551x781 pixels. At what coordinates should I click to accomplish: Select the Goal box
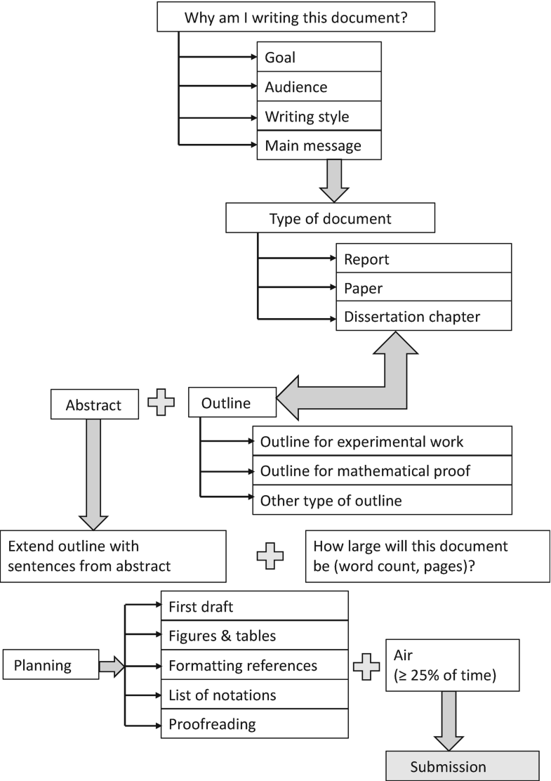coord(319,58)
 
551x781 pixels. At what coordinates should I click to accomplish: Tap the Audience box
coord(319,88)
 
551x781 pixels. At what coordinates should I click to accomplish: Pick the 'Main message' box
coord(319,146)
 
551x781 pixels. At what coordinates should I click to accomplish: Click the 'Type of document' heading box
coord(330,218)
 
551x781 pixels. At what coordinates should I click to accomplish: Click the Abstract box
coord(94,405)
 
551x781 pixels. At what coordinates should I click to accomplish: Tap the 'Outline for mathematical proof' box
coord(382,471)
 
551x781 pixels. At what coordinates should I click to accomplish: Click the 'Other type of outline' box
coord(382,501)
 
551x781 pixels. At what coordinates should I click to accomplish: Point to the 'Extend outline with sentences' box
coord(114,556)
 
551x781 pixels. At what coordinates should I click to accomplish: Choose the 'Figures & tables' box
coord(255,636)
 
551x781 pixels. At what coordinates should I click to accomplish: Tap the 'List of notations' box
coord(255,695)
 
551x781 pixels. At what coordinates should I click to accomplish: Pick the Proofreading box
coord(255,723)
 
